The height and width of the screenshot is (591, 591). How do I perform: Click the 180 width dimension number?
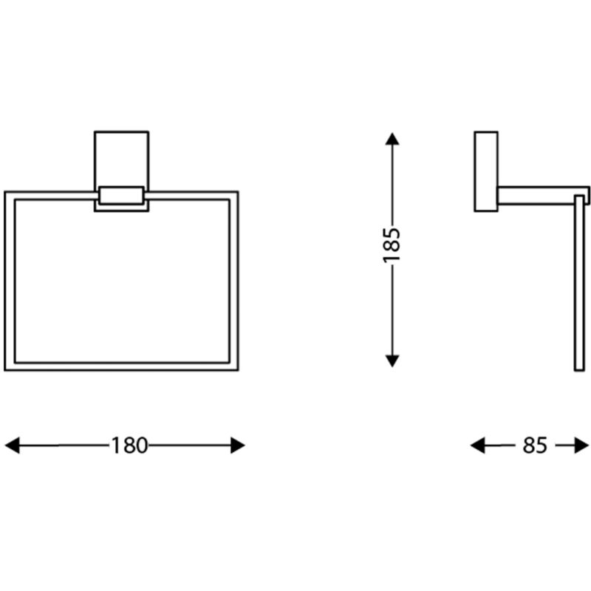pos(130,445)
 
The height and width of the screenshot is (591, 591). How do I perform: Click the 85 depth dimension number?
pos(534,445)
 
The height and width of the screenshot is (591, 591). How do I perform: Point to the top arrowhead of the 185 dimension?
pos(392,138)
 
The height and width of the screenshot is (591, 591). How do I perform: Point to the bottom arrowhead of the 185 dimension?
pos(392,361)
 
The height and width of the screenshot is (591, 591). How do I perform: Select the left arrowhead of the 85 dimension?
pos(478,445)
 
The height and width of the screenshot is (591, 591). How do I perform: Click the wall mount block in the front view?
pos(122,157)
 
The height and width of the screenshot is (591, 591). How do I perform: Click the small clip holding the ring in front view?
pos(122,196)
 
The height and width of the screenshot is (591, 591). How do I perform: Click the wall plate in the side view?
pos(485,172)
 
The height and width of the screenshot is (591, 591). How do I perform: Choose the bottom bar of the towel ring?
pos(122,366)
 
